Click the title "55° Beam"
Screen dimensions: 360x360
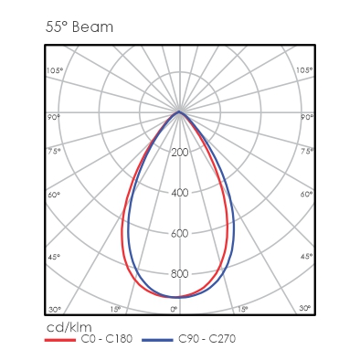pos(79,26)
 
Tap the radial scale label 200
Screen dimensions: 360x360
pos(180,153)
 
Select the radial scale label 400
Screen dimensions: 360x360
pos(180,193)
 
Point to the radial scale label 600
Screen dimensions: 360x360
pos(180,234)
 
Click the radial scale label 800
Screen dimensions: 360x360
pos(180,274)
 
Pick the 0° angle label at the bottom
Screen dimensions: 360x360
pos(174,310)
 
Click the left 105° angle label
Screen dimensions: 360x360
pos(55,70)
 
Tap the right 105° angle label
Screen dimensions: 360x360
pos(304,70)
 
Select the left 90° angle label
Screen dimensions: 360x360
pos(54,117)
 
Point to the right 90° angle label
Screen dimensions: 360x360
pos(307,117)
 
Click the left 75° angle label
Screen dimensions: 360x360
pos(54,151)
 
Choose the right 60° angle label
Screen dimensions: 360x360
pos(306,195)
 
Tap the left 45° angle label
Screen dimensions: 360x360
pos(54,257)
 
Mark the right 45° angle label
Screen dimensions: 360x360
pos(307,257)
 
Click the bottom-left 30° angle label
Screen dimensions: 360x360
pos(55,310)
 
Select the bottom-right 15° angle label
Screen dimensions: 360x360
pos(242,310)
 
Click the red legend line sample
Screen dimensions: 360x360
pos(60,340)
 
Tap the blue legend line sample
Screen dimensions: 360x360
pos(157,340)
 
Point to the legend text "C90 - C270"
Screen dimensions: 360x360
pos(206,339)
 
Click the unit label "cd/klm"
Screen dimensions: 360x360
pos(69,327)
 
